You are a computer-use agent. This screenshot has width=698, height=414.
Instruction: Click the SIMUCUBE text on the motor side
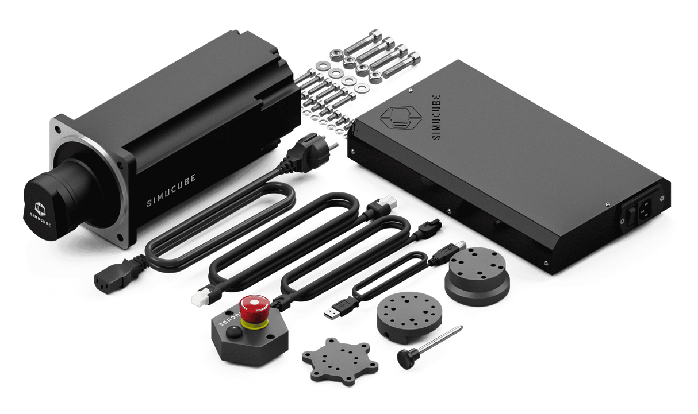(x=171, y=191)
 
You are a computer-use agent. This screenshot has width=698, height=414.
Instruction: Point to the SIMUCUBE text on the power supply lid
(x=436, y=117)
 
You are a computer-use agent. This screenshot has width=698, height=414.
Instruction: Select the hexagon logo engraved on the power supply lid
(x=401, y=118)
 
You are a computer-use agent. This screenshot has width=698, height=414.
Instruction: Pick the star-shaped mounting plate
(x=340, y=361)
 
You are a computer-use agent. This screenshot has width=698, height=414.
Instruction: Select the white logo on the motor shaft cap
(x=40, y=210)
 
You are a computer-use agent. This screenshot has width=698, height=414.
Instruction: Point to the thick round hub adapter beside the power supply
(x=478, y=276)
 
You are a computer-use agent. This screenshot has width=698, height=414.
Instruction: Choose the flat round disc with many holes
(x=409, y=317)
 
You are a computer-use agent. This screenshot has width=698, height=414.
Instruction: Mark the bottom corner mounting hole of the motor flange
(x=120, y=238)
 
